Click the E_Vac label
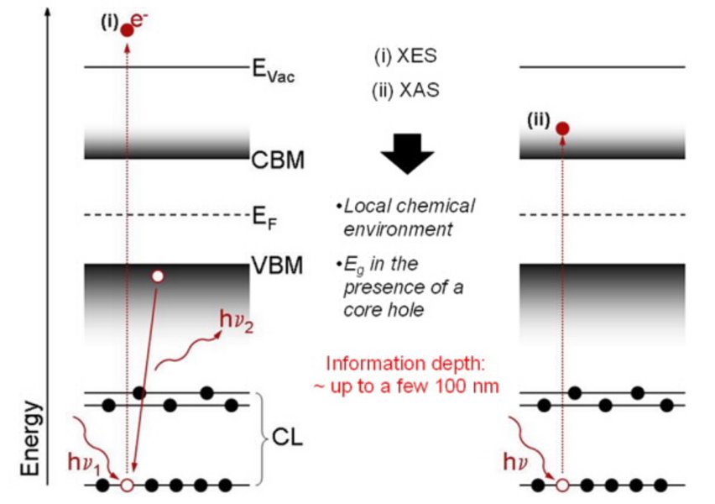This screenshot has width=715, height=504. coord(274,71)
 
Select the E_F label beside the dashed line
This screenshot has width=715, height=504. coord(264,221)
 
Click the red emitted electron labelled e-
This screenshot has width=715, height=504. coord(127,30)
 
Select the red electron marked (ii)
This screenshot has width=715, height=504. coord(562,129)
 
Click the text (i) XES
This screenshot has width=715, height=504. coord(405,57)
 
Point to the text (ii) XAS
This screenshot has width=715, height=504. coord(405,90)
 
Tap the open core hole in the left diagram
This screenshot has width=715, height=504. coord(127,486)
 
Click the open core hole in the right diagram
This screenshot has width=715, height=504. coord(562,486)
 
